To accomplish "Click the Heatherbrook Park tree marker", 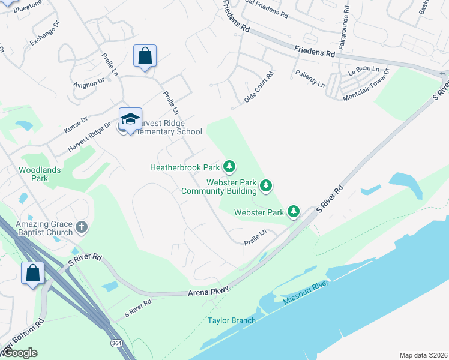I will (x=229, y=166).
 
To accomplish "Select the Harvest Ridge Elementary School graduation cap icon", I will (x=130, y=118).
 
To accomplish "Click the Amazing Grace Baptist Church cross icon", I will (x=82, y=227).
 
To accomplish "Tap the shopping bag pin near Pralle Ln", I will (x=145, y=56).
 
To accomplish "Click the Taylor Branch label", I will (x=232, y=320).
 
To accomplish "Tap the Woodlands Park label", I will (x=40, y=174).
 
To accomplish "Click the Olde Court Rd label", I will (x=259, y=88).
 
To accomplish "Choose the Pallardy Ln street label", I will (x=310, y=78).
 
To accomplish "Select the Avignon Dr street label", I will (x=89, y=83).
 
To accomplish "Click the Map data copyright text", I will (x=423, y=355).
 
